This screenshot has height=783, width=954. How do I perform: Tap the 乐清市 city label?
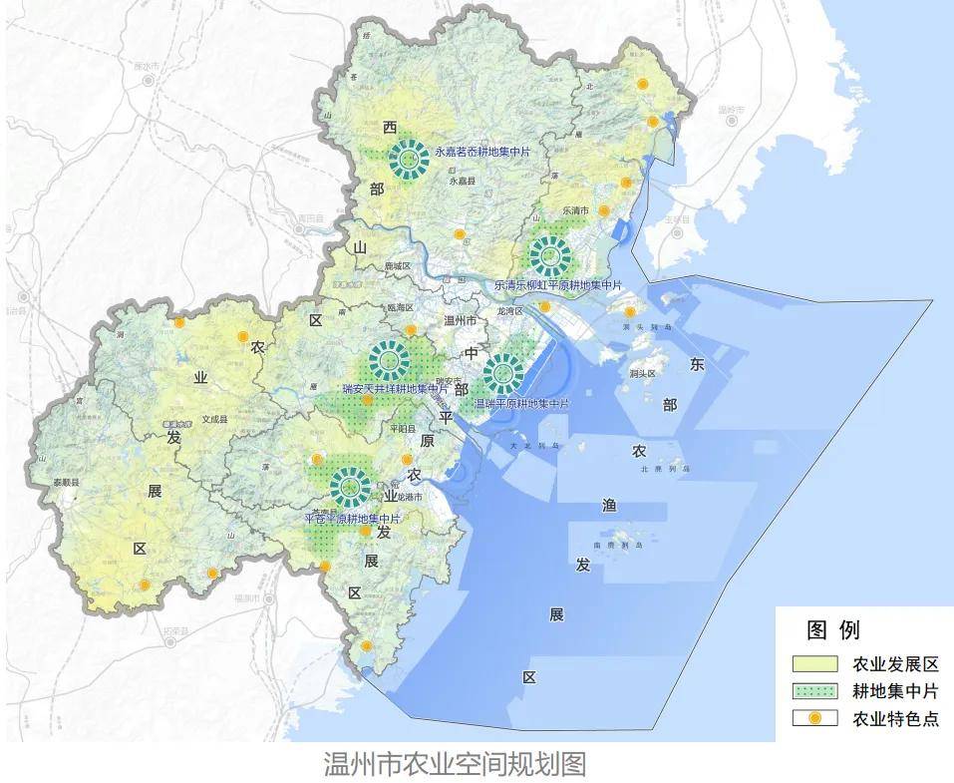coord(576,211)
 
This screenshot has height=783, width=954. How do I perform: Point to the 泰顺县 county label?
coord(67,482)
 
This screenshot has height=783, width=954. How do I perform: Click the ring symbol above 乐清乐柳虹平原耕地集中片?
coord(548,256)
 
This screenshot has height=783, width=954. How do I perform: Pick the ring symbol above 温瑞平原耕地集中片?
coord(502,374)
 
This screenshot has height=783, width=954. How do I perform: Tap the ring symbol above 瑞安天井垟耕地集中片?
coord(389,360)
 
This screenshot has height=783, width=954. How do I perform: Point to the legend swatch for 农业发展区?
coord(814,664)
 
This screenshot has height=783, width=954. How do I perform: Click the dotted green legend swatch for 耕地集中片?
coord(814,690)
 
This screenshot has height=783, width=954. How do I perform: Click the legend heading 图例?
coord(833,630)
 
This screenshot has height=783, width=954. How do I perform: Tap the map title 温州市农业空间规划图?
coord(455,764)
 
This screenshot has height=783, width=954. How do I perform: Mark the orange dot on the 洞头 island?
coord(630,312)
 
